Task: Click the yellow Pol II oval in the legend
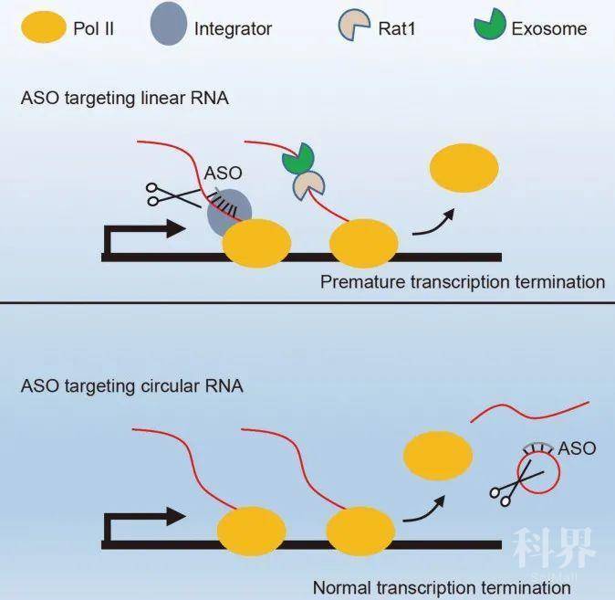(44, 26)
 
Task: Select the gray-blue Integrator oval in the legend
(168, 24)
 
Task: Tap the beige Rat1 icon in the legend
(353, 25)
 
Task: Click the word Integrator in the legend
(233, 28)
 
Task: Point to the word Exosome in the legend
(549, 28)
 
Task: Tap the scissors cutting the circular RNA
(516, 484)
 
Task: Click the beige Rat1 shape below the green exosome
(307, 185)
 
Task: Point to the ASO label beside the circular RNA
(577, 448)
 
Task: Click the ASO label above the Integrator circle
(223, 174)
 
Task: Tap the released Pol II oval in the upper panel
(464, 168)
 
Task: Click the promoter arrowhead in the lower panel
(176, 516)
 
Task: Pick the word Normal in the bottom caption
(342, 588)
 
